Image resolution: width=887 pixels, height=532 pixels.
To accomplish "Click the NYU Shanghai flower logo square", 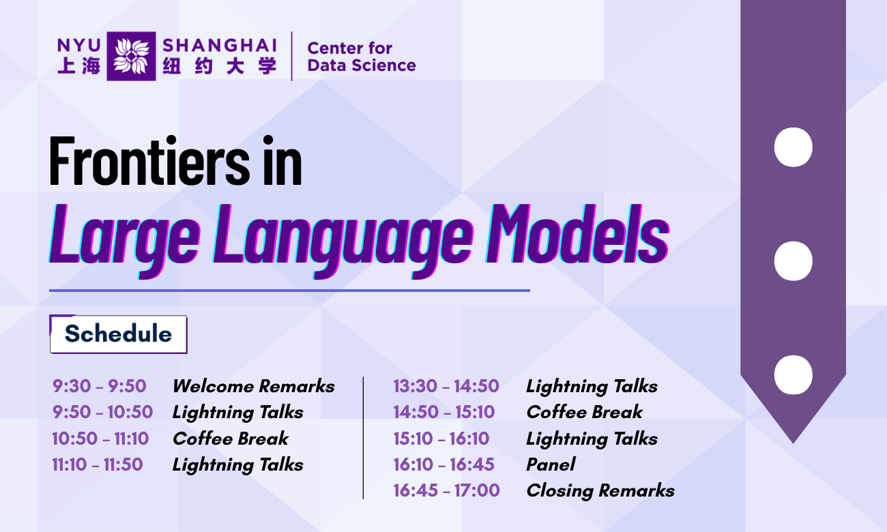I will [x=131, y=56].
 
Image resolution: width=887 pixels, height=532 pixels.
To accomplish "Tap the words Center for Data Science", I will [x=361, y=57].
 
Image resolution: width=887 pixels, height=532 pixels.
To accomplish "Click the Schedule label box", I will [x=119, y=334].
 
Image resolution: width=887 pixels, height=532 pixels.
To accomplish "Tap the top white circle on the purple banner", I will [x=793, y=147].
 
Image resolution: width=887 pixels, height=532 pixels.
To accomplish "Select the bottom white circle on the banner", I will [x=793, y=374].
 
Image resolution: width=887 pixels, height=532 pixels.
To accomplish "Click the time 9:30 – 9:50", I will [x=100, y=386].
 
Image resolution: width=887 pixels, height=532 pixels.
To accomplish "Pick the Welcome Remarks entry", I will [x=253, y=386].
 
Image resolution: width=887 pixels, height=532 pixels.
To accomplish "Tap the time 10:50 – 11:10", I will [x=100, y=439].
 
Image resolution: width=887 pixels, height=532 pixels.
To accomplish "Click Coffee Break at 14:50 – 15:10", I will [x=584, y=412].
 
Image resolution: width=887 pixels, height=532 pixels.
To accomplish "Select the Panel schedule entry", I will [x=551, y=464].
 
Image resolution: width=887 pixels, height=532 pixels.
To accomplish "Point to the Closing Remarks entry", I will [x=600, y=490].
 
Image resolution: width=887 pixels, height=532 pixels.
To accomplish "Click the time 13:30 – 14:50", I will [x=446, y=386].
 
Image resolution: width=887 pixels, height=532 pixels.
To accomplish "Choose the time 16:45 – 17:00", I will [x=446, y=490].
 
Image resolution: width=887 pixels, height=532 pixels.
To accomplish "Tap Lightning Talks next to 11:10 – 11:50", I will [x=237, y=464].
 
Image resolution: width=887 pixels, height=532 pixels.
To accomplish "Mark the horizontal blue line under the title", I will [x=289, y=291].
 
